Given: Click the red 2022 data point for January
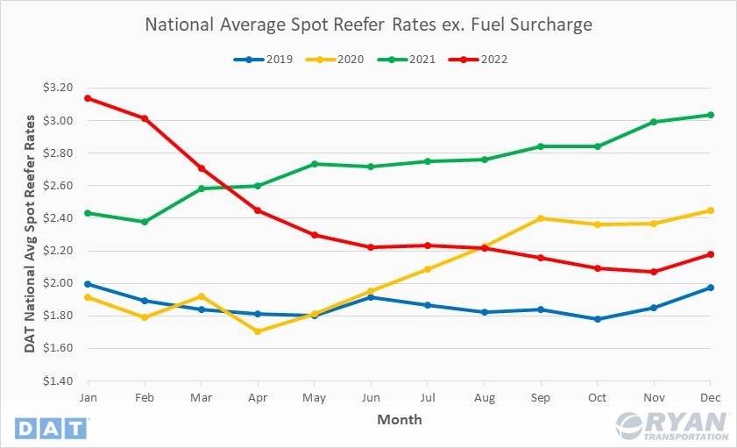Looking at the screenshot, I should point(87,98).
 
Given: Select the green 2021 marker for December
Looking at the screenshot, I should point(710,115).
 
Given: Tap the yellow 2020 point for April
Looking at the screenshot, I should point(257,331).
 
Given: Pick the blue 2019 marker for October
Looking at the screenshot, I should point(597,319).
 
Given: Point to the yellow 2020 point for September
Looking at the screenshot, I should point(540,218).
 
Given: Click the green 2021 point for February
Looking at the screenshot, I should point(144,222).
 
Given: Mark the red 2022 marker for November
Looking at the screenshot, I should point(654,272).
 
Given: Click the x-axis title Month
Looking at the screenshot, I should point(399,419).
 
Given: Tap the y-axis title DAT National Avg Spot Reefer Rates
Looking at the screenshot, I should point(29,234).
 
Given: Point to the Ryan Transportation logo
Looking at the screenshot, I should point(673,425).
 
